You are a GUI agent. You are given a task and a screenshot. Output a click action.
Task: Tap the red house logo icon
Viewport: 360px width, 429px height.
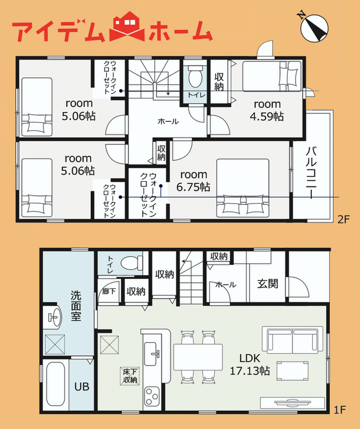(127, 26)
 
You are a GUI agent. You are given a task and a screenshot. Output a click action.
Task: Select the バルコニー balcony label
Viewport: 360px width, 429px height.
(311, 173)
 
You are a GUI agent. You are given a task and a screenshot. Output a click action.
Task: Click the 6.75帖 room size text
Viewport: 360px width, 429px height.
(193, 187)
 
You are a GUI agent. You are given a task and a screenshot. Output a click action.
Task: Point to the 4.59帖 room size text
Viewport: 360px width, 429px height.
(267, 116)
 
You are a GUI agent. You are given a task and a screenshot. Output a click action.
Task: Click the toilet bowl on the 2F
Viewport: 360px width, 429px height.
(195, 76)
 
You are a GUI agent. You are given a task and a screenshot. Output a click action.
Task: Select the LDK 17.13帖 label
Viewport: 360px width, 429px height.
(249, 365)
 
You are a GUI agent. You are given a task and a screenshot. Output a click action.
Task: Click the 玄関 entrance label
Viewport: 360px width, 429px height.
(268, 284)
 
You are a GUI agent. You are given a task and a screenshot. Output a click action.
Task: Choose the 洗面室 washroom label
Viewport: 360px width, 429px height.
(76, 305)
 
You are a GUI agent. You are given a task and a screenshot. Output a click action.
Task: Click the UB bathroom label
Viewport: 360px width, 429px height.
(82, 387)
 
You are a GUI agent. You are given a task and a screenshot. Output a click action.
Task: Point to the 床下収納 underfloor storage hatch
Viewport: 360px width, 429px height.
(130, 376)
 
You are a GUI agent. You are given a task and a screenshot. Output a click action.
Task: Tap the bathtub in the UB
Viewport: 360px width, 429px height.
(56, 383)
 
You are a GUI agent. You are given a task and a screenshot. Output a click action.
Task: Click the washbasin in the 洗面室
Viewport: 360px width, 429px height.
(55, 317)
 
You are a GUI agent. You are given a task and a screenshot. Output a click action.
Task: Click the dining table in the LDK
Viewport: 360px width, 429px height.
(197, 357)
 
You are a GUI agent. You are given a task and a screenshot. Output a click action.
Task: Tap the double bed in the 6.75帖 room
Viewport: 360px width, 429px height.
(243, 188)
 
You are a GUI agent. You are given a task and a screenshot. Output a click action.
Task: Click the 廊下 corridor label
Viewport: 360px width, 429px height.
(109, 291)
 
